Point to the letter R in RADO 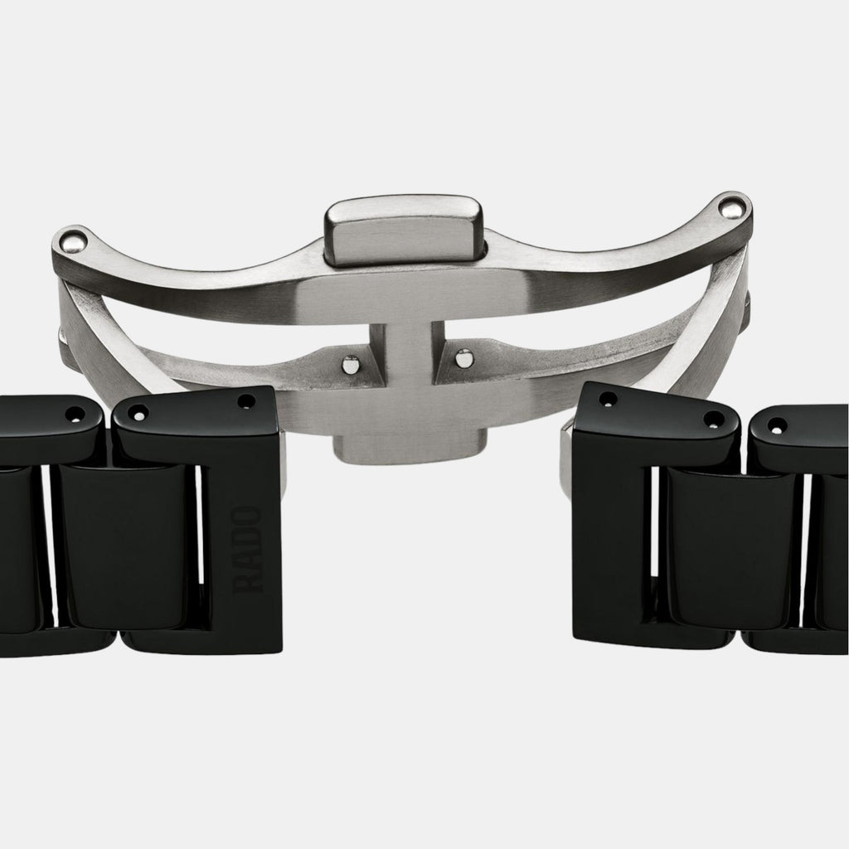[x=250, y=581]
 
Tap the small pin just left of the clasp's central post [x=352, y=363]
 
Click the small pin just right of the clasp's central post [x=465, y=358]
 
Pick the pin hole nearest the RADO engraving [x=246, y=401]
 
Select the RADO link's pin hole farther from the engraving [x=137, y=411]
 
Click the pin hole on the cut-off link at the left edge [x=73, y=412]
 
